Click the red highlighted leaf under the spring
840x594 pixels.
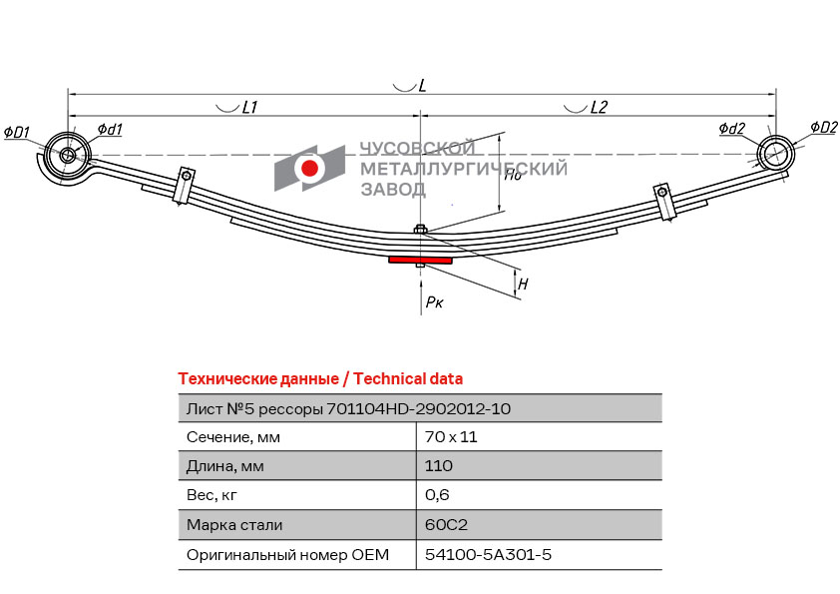click(421, 260)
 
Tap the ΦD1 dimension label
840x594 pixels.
click(17, 132)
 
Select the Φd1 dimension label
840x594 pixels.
click(110, 129)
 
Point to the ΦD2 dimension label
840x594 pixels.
click(823, 127)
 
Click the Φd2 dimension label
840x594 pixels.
click(732, 128)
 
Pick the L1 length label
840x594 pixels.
click(249, 107)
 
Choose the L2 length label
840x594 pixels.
click(599, 107)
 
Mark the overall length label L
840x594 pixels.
click(422, 85)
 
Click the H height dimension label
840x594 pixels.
click(523, 284)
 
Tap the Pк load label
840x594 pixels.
click(434, 302)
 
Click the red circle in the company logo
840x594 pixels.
click(309, 168)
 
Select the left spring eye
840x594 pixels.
click(68, 156)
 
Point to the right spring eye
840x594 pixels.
click(775, 154)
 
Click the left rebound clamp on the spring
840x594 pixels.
click(184, 186)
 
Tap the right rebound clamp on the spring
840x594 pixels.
click(663, 201)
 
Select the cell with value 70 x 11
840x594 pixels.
click(451, 437)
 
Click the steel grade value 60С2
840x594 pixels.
click(446, 524)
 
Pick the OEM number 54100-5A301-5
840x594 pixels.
click(488, 554)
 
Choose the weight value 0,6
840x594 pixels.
click(437, 495)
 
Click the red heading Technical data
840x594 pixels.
click(408, 379)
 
